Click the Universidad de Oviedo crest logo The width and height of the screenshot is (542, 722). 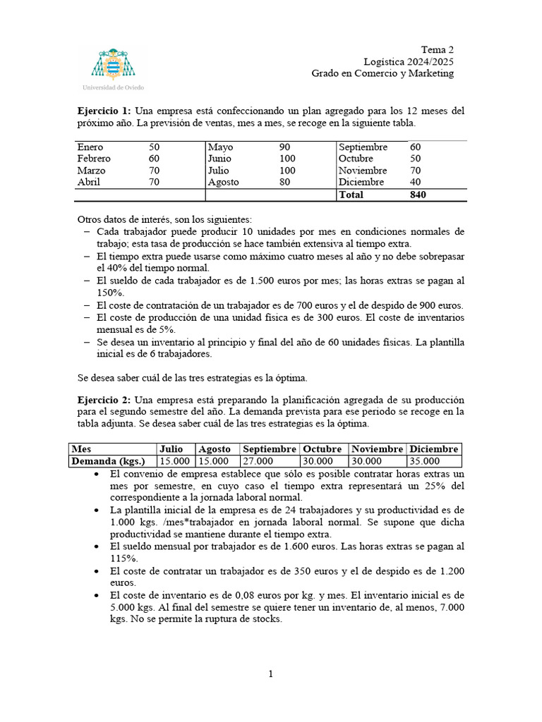(113, 63)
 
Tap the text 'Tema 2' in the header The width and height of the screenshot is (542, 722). (438, 49)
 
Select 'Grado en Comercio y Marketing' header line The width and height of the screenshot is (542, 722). (383, 73)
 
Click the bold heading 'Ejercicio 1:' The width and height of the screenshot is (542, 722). (104, 111)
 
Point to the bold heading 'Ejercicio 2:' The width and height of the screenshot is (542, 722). (104, 400)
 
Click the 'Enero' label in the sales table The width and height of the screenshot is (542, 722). (90, 147)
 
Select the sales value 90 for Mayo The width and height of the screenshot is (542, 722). (285, 147)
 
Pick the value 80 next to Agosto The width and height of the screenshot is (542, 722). (285, 182)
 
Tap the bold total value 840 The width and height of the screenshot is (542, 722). (418, 194)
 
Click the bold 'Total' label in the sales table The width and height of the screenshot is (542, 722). (351, 194)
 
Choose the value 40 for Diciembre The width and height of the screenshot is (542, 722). (416, 182)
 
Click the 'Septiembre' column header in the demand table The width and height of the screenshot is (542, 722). (269, 449)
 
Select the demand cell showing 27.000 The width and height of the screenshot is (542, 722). (258, 461)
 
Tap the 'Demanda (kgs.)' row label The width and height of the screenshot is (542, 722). (108, 461)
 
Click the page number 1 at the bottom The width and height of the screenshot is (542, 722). (270, 674)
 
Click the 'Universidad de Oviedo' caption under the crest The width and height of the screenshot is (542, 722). (113, 87)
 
